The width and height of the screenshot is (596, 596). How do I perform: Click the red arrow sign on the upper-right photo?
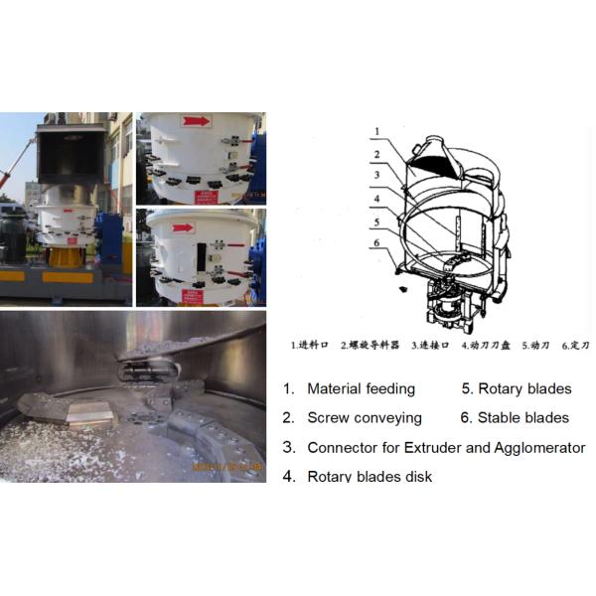[196, 122]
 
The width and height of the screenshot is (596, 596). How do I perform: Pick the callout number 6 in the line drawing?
[375, 241]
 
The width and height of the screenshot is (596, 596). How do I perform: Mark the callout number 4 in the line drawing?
[375, 199]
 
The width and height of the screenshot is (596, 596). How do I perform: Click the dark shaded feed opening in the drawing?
[433, 157]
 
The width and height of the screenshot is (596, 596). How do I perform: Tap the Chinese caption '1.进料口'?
[310, 346]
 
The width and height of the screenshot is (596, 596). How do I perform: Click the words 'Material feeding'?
[361, 389]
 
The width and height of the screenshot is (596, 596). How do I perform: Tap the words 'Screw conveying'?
[364, 418]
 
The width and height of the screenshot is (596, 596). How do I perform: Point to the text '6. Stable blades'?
[516, 418]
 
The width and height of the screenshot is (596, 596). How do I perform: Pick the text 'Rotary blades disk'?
[370, 476]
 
